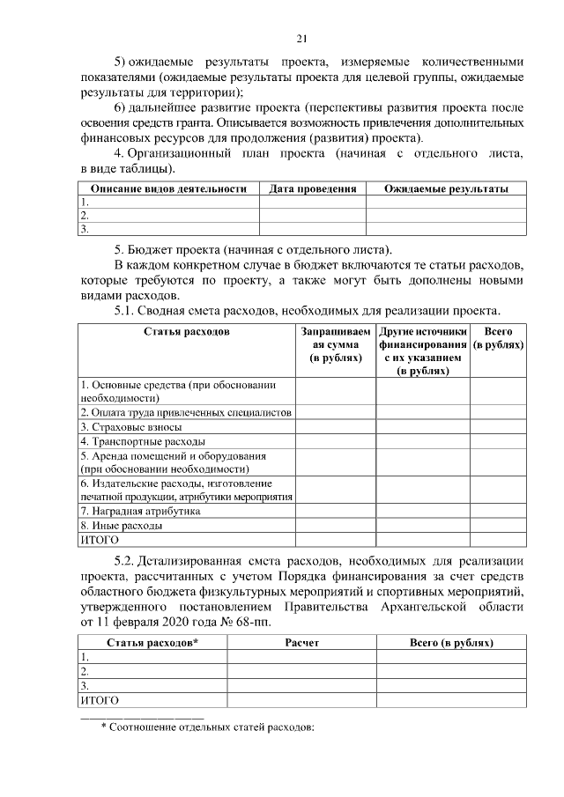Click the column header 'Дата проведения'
coord(312,188)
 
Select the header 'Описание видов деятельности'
coord(167,188)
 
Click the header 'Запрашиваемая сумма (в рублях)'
coord(335,346)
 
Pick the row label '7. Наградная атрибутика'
coord(140,511)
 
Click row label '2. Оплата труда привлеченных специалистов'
coord(185,412)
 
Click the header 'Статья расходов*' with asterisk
coord(152,642)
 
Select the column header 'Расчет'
coord(302,642)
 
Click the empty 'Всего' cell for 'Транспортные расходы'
coord(497,440)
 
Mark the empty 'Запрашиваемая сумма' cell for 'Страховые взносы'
coord(335,426)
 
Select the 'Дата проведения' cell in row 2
coord(312,215)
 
